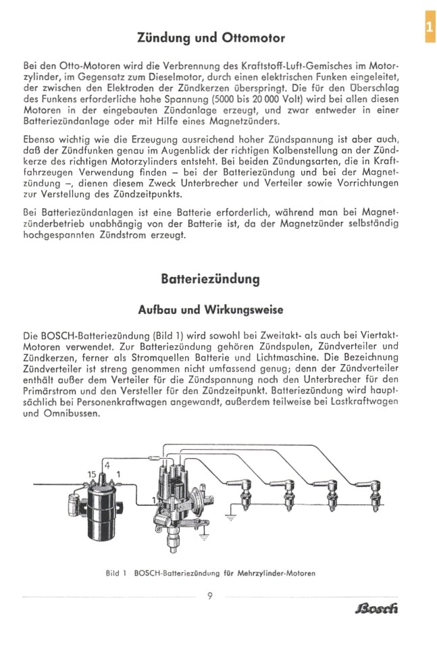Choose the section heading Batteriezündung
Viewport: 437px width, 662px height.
click(x=211, y=278)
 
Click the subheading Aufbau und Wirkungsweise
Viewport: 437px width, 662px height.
click(x=210, y=309)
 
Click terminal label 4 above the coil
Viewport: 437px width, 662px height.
click(x=105, y=465)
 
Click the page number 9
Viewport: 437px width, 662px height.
click(x=210, y=596)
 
